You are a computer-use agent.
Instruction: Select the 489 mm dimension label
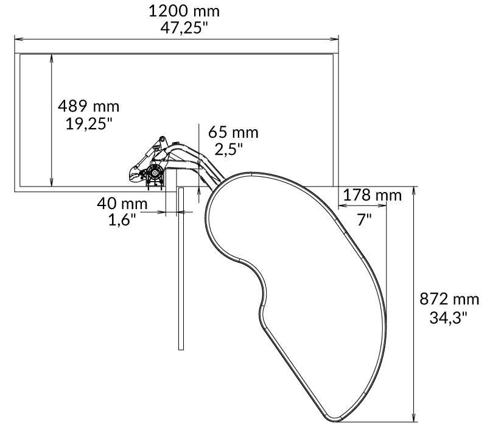[x=88, y=105]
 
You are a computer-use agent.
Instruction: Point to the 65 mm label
[x=233, y=132]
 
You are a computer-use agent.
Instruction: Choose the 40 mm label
[x=122, y=204]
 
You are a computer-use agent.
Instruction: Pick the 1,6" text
[x=122, y=220]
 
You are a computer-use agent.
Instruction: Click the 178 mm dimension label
[x=372, y=195]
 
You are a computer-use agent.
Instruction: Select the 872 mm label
[x=450, y=299]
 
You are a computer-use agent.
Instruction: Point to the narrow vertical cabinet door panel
[x=181, y=268]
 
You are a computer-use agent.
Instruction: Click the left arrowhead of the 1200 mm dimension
[x=17, y=39]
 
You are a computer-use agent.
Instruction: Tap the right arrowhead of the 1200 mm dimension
[x=337, y=39]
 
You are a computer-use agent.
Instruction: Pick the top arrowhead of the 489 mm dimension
[x=52, y=57]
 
